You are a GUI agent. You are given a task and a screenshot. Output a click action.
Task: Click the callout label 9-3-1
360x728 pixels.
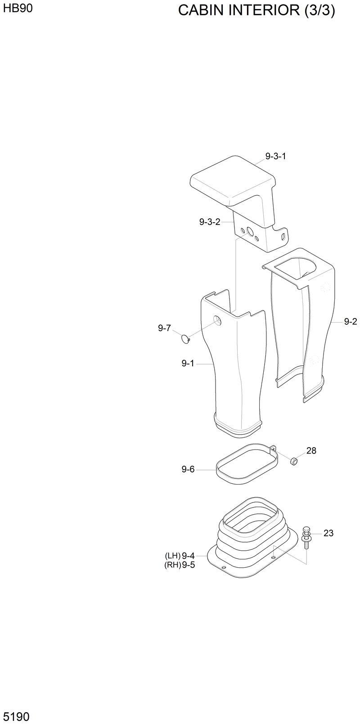coord(275,157)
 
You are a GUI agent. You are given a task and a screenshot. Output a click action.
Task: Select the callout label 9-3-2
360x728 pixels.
coord(210,222)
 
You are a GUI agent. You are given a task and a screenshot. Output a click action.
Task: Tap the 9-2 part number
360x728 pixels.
coord(350,321)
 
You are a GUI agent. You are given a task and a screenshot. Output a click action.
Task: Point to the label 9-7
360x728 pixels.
coord(164,328)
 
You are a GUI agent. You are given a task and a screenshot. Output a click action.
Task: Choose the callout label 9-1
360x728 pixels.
coord(188,363)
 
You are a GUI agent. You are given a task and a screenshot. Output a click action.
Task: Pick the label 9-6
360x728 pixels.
coord(188,469)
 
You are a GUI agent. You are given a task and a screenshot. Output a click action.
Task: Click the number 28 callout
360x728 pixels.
coord(311,450)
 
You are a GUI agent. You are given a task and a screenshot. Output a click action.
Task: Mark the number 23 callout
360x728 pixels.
coord(328,533)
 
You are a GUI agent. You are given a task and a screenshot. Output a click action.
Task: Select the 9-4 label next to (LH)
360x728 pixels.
coord(188,556)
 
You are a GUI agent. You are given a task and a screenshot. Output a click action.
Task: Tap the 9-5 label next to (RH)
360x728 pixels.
coord(188,565)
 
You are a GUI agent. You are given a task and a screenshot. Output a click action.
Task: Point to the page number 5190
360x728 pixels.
coord(17,716)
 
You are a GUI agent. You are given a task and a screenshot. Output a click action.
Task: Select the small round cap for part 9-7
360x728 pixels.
coord(185,339)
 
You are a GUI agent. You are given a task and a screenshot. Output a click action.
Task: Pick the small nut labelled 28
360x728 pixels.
coord(293,461)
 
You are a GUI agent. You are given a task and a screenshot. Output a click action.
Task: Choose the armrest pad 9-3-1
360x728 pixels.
coord(232,180)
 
